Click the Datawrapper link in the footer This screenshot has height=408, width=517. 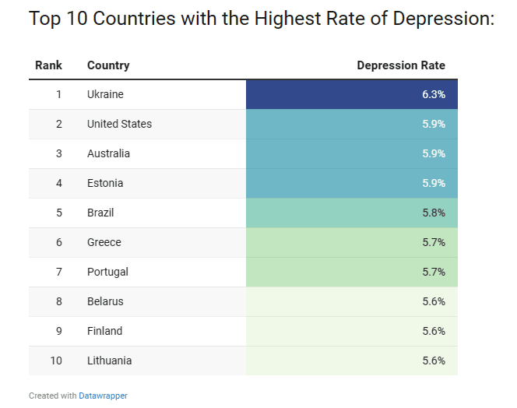point(103,396)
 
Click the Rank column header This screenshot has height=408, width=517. point(48,65)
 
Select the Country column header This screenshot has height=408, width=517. point(108,65)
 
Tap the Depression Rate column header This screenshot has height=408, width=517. point(401,65)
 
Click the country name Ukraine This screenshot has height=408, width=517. point(105,94)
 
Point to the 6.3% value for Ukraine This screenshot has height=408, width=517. point(433,94)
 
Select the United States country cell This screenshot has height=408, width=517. point(119,124)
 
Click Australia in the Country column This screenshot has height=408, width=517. point(108,153)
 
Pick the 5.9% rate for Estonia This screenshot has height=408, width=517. point(433,183)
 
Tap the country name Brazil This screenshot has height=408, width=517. point(100,213)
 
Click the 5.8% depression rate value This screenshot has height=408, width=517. point(433,213)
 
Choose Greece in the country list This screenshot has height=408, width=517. point(104,242)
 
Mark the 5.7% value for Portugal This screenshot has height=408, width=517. point(433,272)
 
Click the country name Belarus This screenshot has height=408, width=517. point(105,301)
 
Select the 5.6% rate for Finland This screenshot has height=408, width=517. point(433,331)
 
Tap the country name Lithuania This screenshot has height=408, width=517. point(109,361)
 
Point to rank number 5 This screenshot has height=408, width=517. point(58,213)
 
